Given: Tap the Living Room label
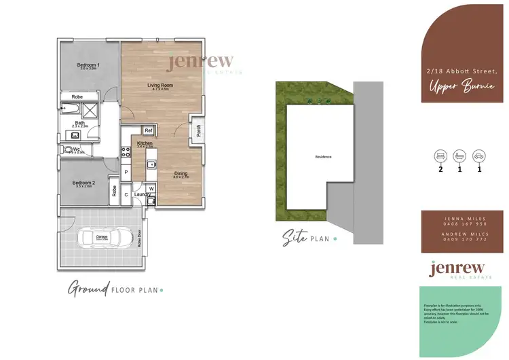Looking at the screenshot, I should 162,85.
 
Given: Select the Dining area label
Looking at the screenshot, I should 181,174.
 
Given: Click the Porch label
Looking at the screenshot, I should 200,131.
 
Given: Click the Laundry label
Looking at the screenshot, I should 142,195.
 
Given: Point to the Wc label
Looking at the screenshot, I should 77,149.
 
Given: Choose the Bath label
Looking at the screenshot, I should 80,123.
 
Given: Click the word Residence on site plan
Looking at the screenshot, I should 324,157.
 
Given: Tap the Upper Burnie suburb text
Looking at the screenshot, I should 460,86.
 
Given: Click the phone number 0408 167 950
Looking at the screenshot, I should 461,224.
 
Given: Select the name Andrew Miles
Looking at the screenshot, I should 461,233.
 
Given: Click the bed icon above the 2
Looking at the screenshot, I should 440,156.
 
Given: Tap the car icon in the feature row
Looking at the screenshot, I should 479,156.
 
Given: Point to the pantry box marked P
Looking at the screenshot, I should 126,173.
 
